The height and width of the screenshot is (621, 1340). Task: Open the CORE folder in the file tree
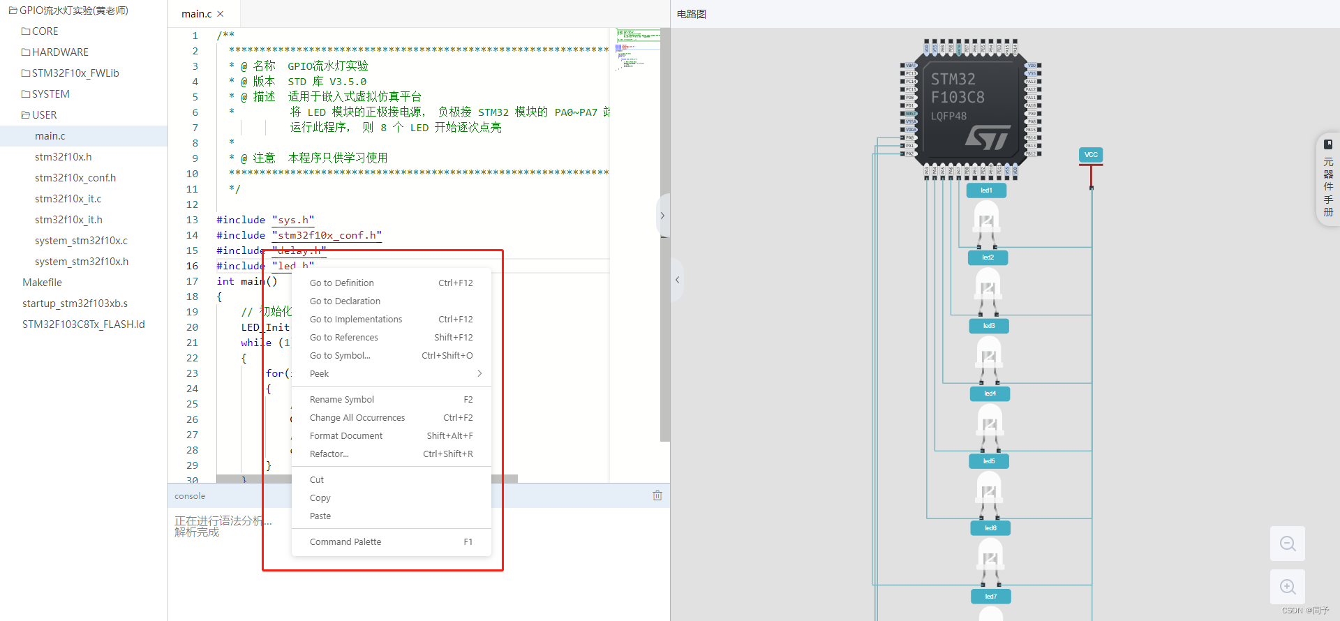click(45, 31)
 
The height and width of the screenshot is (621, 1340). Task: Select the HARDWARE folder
click(60, 52)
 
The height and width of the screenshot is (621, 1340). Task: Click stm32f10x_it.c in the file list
click(68, 199)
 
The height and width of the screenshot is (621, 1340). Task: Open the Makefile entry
click(42, 283)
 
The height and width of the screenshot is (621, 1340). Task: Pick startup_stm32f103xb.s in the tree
click(75, 304)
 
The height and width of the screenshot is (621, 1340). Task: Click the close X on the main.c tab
click(221, 14)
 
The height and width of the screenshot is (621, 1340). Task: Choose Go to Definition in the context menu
click(342, 283)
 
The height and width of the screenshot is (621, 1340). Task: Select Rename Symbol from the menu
click(342, 399)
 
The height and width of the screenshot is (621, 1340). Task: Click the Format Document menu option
click(346, 435)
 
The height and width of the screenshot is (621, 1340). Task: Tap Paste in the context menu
click(320, 516)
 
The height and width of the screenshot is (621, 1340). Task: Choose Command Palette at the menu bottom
click(345, 541)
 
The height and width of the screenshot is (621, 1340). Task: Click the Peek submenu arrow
click(479, 373)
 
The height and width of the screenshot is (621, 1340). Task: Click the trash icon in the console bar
click(657, 495)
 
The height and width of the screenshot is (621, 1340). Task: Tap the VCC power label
click(1091, 155)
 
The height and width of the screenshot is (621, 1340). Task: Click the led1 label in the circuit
click(986, 190)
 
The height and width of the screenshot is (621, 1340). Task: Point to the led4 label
click(990, 394)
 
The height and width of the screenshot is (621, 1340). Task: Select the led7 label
click(991, 596)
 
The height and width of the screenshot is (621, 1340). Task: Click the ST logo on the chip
click(988, 137)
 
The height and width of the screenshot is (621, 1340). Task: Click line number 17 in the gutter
click(192, 281)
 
